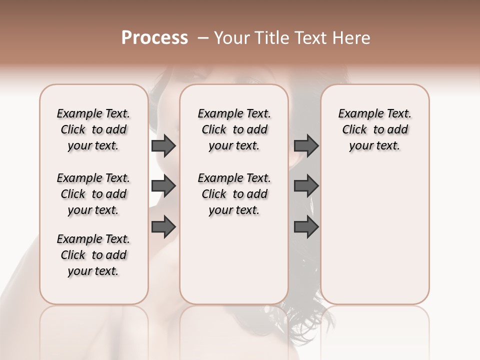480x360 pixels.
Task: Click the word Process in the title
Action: [x=154, y=38]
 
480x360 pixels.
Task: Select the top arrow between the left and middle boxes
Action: [x=163, y=146]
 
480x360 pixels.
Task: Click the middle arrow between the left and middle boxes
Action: [x=163, y=186]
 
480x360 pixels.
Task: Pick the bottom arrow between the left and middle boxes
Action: [x=163, y=226]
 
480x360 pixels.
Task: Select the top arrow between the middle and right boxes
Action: [x=306, y=146]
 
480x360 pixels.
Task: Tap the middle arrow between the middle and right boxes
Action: [x=306, y=186]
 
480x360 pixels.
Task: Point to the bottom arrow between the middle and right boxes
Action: [x=306, y=227]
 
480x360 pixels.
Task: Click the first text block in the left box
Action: [x=93, y=129]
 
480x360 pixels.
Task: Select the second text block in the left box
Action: [x=93, y=194]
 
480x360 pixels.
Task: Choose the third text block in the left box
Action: [x=93, y=255]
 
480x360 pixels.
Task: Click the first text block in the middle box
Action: [x=234, y=129]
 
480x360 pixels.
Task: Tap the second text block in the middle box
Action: [x=234, y=194]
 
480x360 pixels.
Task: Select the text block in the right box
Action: [x=374, y=129]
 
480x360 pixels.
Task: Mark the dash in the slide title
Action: [x=203, y=38]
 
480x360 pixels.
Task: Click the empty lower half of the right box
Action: [x=374, y=235]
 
